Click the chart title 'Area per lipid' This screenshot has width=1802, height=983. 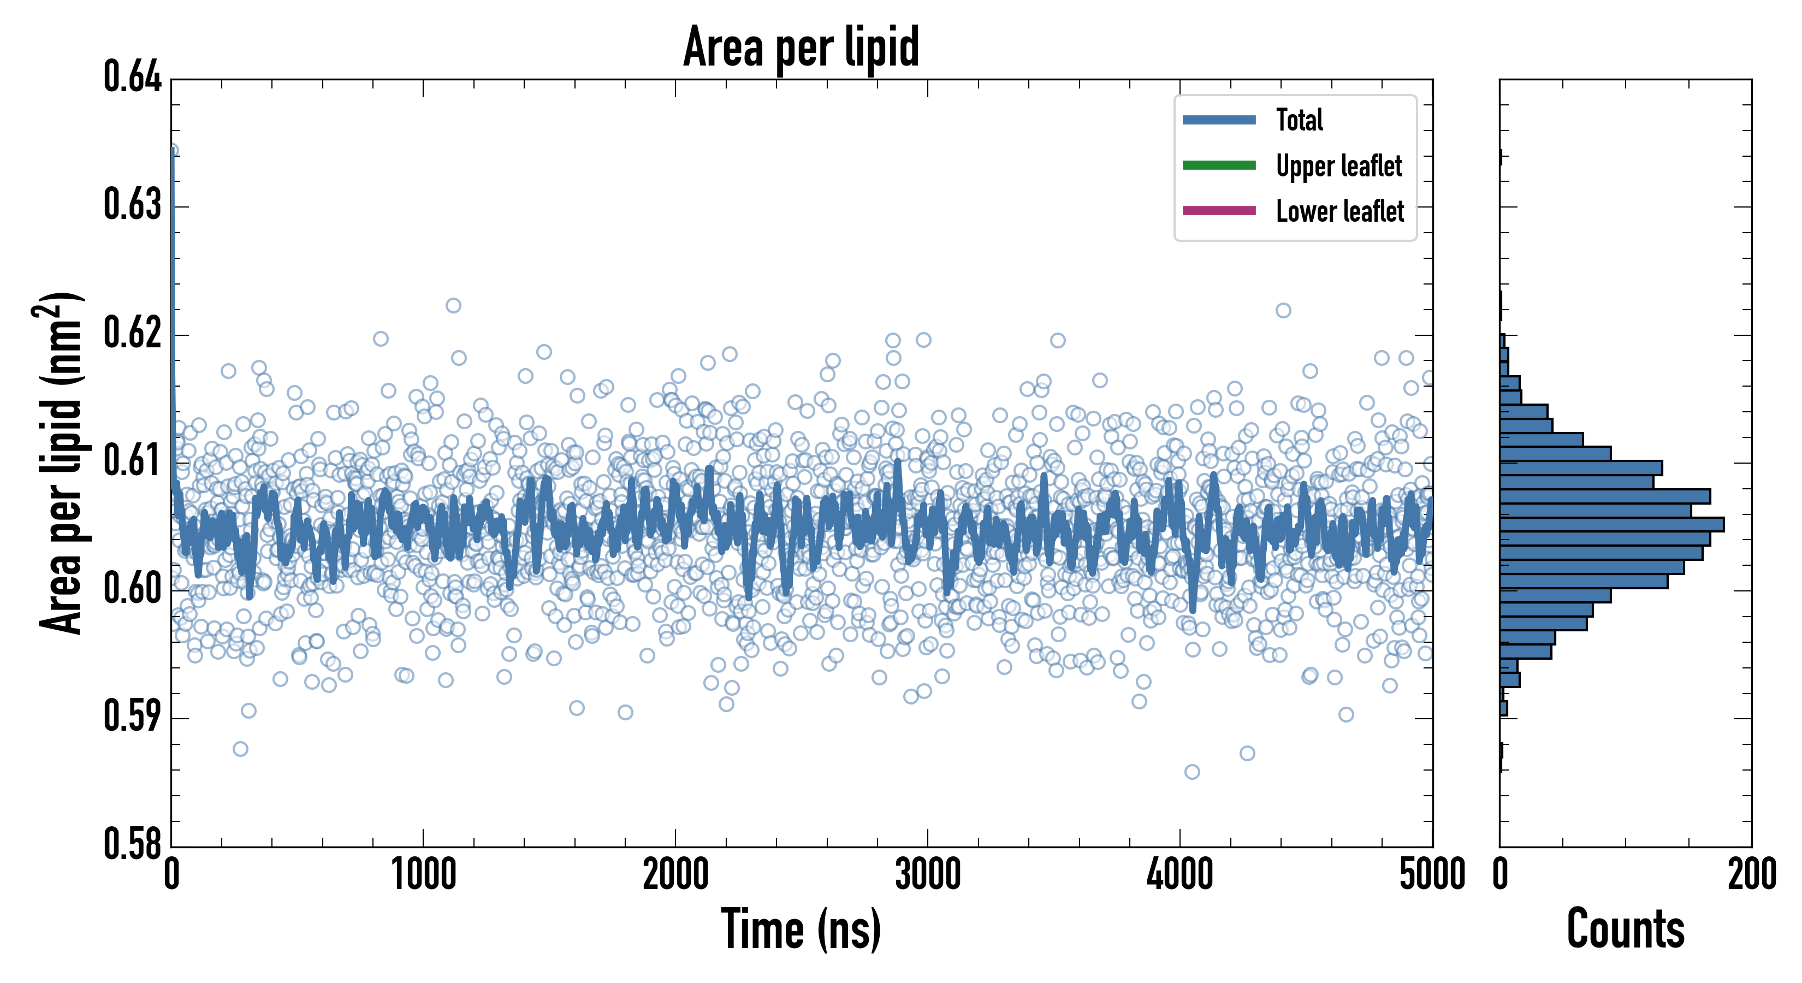(x=801, y=46)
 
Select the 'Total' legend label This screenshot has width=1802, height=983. (x=1299, y=120)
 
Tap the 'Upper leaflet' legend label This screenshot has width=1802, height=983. (x=1338, y=166)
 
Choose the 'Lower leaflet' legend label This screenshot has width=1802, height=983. (x=1339, y=211)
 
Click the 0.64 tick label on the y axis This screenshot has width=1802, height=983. (x=132, y=77)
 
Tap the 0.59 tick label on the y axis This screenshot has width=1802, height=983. (x=132, y=716)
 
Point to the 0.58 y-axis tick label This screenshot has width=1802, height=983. (x=132, y=844)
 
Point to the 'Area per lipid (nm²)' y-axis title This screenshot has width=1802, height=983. (x=60, y=463)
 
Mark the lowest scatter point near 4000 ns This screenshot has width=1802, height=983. (x=1192, y=772)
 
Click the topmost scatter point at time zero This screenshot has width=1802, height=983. (x=172, y=150)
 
